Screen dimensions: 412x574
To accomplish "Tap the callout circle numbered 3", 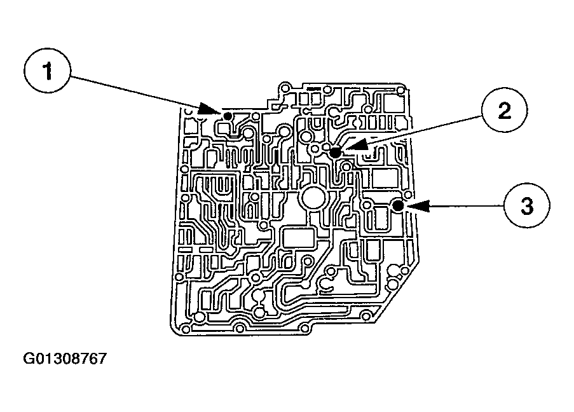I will (526, 206).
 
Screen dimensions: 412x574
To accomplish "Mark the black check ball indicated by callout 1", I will (226, 114).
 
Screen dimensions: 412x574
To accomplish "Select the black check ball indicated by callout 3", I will (398, 206).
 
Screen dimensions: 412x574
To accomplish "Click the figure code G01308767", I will (65, 359).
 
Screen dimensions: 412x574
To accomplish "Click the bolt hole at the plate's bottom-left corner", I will (185, 329).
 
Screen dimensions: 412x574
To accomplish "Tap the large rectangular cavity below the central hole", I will (298, 238).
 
